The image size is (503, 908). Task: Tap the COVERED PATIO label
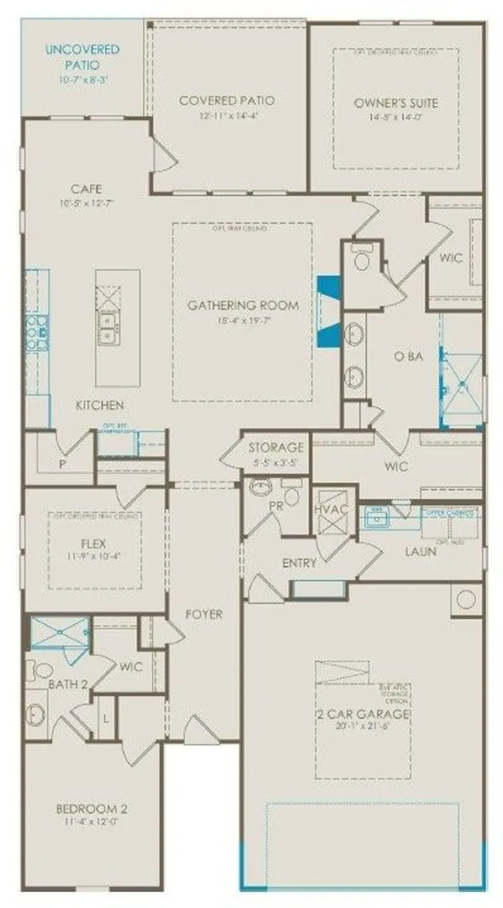pos(227,100)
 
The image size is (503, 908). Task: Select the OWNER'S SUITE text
pos(396,102)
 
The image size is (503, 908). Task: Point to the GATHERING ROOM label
pos(242,305)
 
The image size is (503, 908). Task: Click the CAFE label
pos(86,189)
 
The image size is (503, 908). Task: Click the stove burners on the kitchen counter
pos(37,332)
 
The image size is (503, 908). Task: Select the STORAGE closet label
pos(276,448)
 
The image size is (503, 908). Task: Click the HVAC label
pos(331,509)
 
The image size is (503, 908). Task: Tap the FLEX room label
pos(94,542)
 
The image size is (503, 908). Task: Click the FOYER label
pos(204,614)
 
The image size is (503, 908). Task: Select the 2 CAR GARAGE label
pos(363,714)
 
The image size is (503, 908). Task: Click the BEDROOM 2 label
pos(92,809)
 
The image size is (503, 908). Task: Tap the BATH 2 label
pos(68,685)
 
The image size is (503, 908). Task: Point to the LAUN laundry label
pos(420,551)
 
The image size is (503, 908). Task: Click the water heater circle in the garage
pos(466,599)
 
